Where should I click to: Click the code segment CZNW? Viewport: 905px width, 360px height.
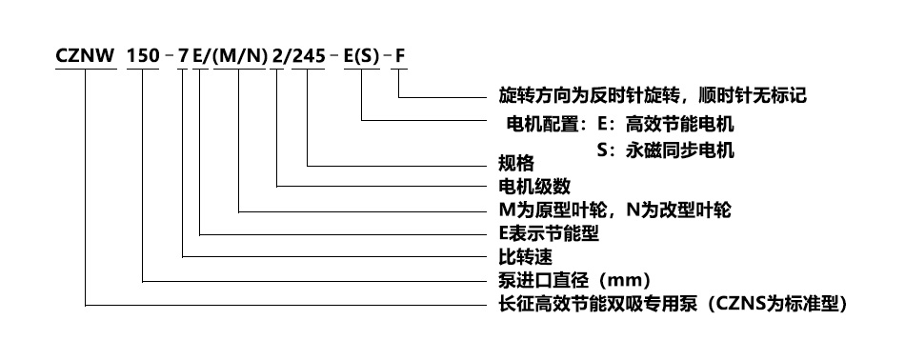(x=86, y=56)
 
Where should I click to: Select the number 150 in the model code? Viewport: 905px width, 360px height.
(x=143, y=56)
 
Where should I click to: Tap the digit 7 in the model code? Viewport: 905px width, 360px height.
(x=183, y=56)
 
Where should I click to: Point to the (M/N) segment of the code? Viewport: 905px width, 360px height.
(x=240, y=56)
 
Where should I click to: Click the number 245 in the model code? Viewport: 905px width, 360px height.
(x=309, y=56)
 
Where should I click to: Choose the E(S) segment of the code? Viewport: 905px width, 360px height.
(x=362, y=56)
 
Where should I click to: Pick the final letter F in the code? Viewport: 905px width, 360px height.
(x=400, y=56)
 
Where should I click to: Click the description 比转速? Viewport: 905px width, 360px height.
(x=525, y=256)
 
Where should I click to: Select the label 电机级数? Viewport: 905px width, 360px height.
(x=534, y=187)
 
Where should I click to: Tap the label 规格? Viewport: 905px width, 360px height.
(x=516, y=163)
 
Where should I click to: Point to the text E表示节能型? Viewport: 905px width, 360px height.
(x=549, y=233)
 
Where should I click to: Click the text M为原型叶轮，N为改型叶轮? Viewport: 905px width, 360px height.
(x=614, y=210)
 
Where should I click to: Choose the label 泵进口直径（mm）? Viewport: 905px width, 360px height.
(x=575, y=280)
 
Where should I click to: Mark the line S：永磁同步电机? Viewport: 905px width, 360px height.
(x=666, y=150)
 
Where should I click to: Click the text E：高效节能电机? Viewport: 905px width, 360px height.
(x=666, y=124)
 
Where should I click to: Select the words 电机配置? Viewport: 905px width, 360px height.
(x=542, y=124)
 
